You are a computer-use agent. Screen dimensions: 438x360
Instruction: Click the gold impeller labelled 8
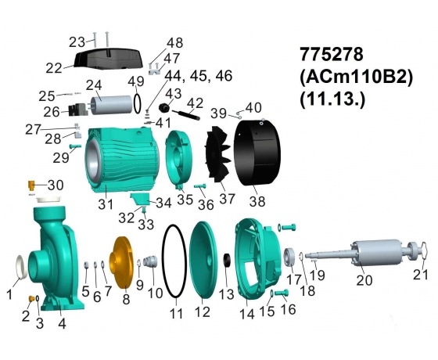[x=120, y=262]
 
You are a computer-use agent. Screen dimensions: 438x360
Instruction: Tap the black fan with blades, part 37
[x=218, y=155]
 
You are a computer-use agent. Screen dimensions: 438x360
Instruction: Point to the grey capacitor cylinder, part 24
[x=112, y=105]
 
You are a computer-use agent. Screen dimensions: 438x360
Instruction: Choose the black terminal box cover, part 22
[x=109, y=59]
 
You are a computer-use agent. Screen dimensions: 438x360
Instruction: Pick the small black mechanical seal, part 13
[x=227, y=260]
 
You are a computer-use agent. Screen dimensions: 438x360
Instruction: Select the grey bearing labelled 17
[x=290, y=257]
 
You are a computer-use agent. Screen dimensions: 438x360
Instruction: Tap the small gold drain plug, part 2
[x=31, y=298]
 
